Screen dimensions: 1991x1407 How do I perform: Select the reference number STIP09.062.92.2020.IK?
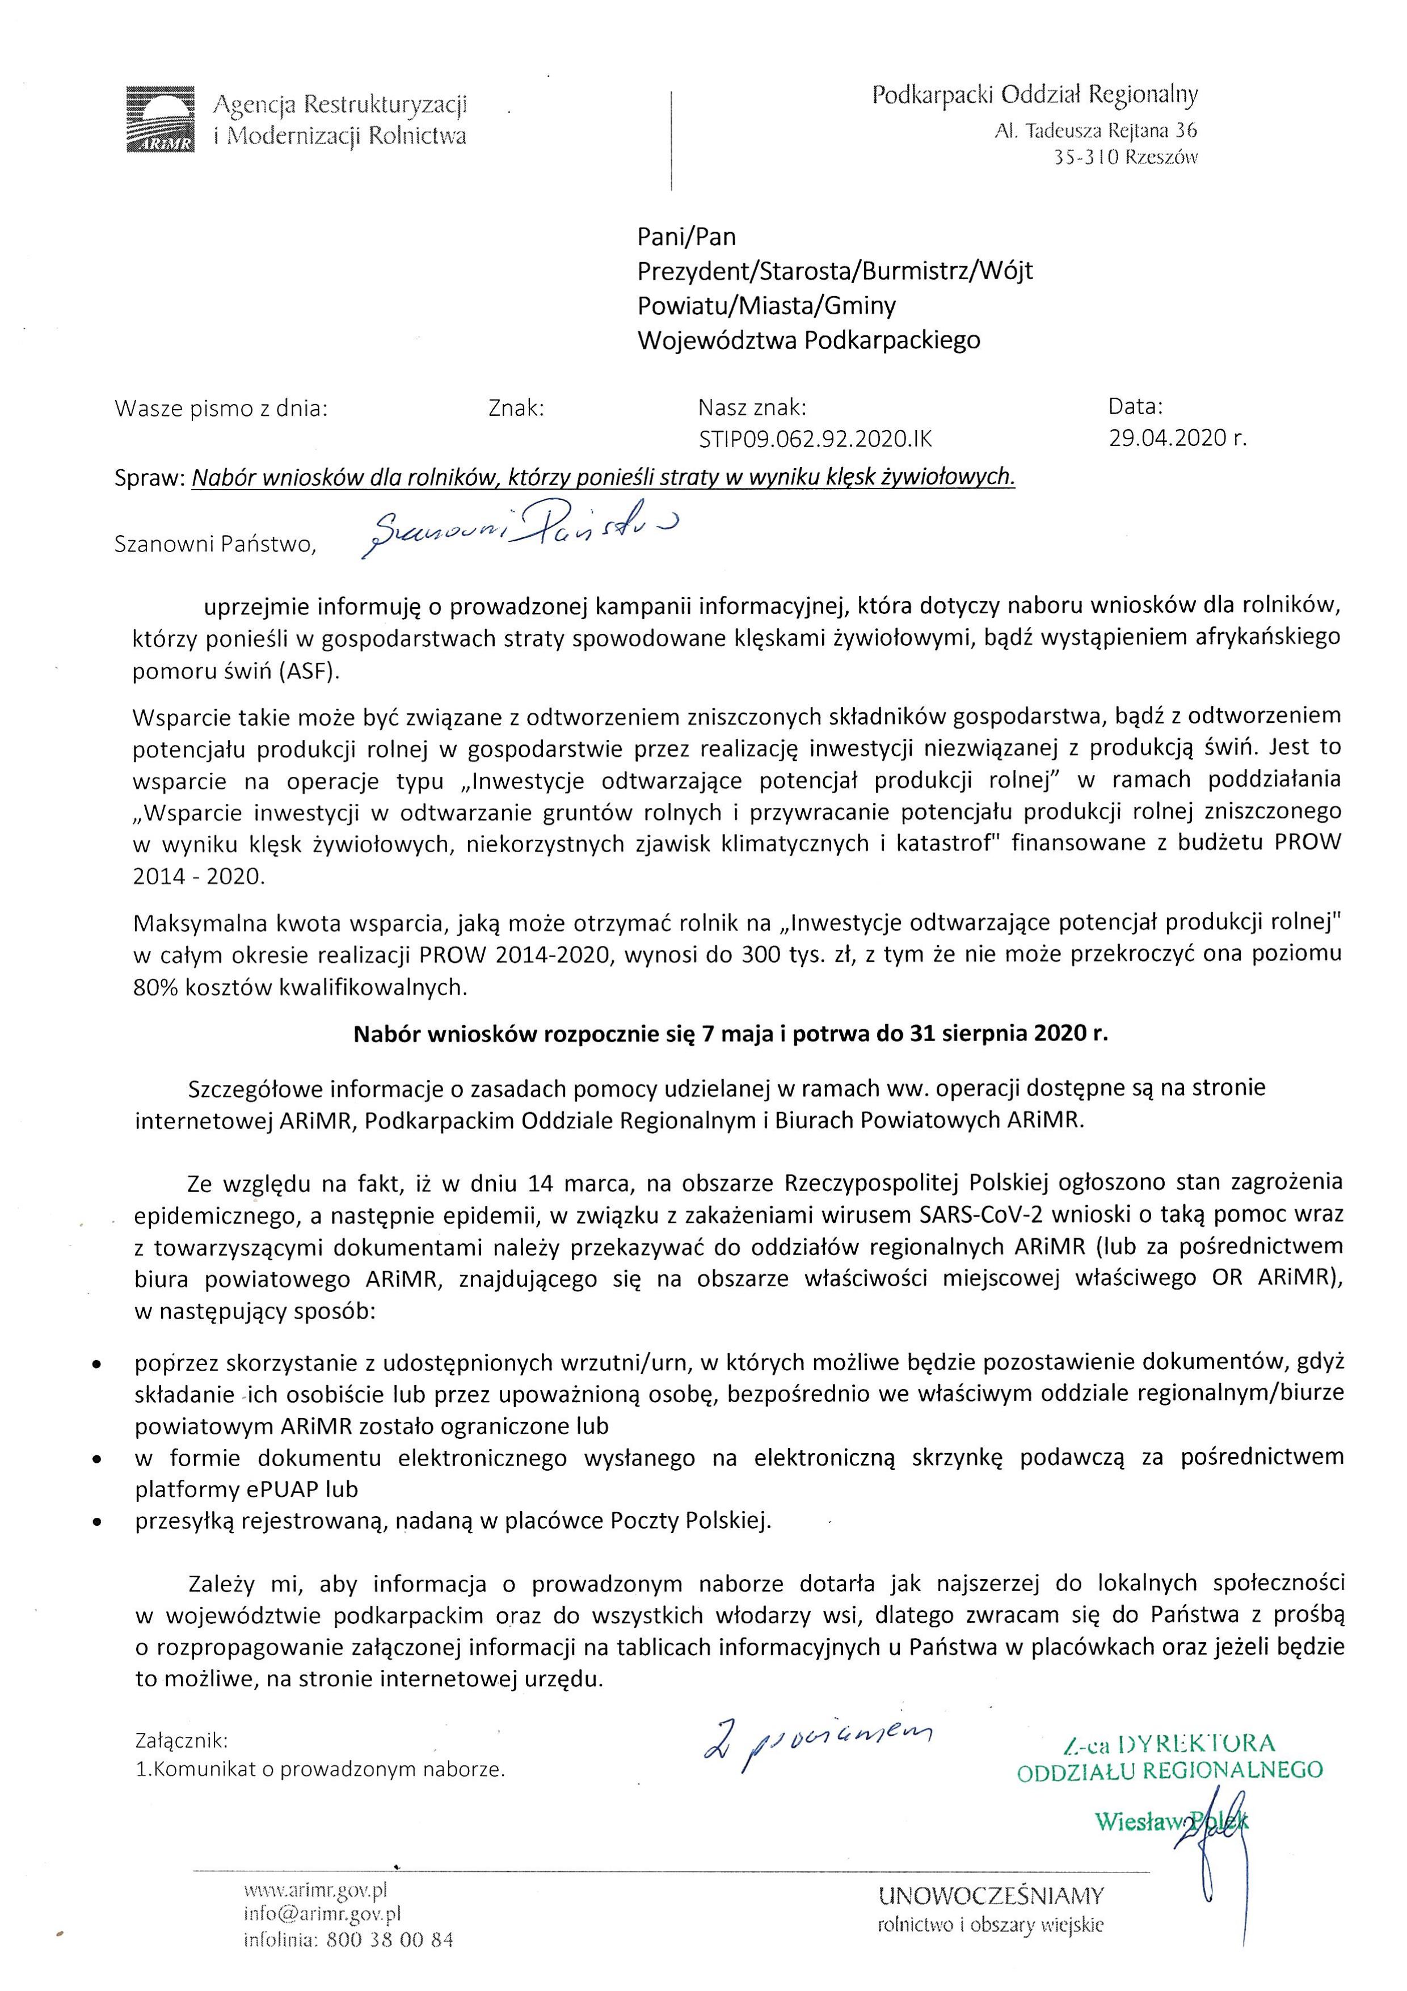pos(815,439)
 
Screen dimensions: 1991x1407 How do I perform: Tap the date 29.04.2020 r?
pos(1177,438)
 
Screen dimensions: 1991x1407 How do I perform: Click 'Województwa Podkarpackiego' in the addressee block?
pos(809,340)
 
